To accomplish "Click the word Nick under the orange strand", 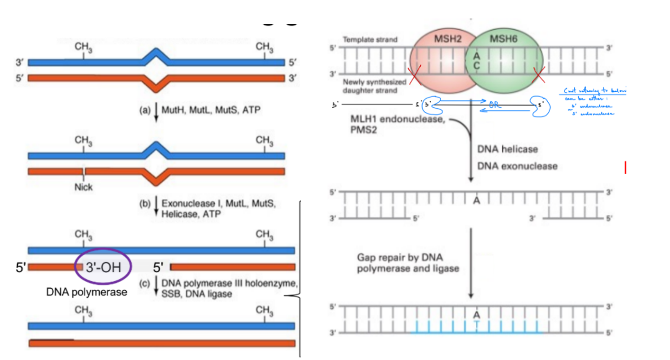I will (x=83, y=187).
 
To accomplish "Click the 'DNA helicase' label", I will (x=508, y=149).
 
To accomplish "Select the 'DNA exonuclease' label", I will (x=517, y=166).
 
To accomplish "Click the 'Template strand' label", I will (x=370, y=40).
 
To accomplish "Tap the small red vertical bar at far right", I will (x=625, y=168).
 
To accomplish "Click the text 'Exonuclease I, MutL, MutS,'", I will (x=218, y=204).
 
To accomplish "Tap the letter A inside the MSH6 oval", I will (x=476, y=55).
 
